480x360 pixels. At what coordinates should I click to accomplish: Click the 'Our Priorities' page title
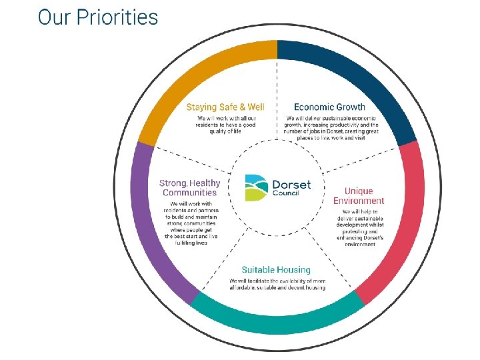pyautogui.click(x=98, y=17)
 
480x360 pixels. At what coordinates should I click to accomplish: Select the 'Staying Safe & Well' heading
pyautogui.click(x=225, y=107)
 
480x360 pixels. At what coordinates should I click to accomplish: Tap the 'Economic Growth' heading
pyautogui.click(x=329, y=107)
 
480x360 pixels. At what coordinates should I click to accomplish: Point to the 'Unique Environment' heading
pyautogui.click(x=359, y=196)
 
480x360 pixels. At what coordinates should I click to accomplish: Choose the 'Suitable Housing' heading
pyautogui.click(x=276, y=270)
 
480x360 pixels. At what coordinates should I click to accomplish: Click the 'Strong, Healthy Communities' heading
pyautogui.click(x=189, y=188)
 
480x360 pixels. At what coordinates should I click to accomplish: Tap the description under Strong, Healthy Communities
pyautogui.click(x=191, y=223)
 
